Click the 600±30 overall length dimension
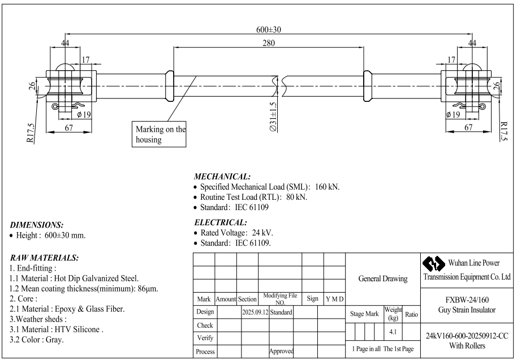pos(268,29)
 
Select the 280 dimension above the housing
pos(268,43)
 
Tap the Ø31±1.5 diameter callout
pos(273,117)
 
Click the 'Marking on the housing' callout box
pos(160,134)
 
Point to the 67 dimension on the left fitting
pos(68,128)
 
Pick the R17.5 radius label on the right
pos(503,132)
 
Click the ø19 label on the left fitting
pos(84,114)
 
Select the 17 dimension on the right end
pos(451,60)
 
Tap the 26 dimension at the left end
pos(32,86)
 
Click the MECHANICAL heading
pos(222,177)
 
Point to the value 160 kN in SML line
pos(327,187)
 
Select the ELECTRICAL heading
pos(220,222)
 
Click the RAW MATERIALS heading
pos(44,258)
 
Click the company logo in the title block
pos(434,264)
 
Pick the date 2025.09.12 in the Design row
pos(255,312)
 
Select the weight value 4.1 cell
pos(393,332)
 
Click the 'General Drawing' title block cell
pos(383,279)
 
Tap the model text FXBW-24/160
pos(467,300)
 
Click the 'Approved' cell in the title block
pos(281,351)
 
